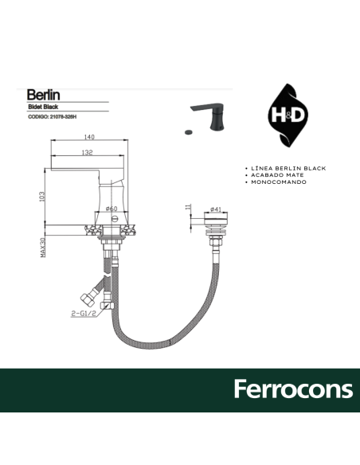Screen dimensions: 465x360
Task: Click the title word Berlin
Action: [44, 95]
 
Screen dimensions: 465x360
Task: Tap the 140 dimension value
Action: [90, 137]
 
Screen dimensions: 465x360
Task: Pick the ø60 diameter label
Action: [112, 209]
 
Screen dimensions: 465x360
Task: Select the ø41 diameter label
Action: [216, 209]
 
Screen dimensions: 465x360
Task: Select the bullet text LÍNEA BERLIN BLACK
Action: [288, 169]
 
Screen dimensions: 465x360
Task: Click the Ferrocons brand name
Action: [292, 390]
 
